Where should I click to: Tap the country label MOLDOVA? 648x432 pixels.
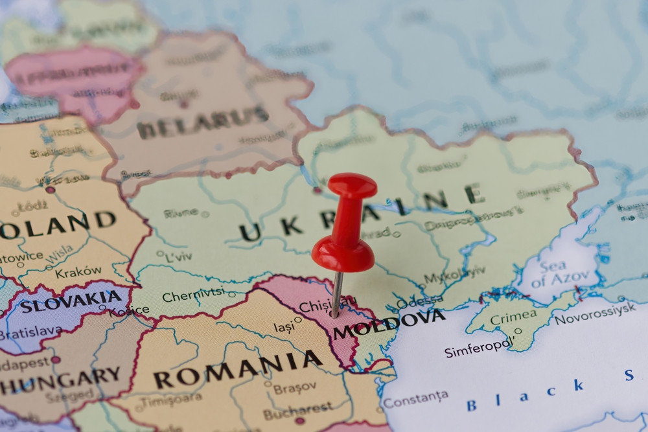[389, 323]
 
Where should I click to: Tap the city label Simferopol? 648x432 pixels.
[479, 347]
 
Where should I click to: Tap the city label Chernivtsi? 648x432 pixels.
[194, 295]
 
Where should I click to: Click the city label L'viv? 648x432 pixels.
[179, 256]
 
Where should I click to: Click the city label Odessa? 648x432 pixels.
[419, 302]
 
